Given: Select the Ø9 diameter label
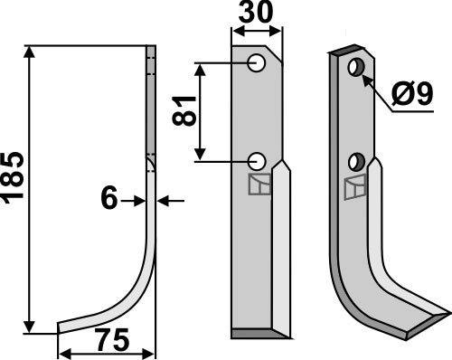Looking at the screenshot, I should pos(420,94).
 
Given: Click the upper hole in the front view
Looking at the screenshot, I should pos(258,63).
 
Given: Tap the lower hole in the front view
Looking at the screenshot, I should pos(258,161).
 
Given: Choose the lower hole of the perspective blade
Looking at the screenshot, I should pos(356,163).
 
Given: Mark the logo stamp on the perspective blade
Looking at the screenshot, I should pos(356,191).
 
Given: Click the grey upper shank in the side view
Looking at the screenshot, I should pos(151,99).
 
